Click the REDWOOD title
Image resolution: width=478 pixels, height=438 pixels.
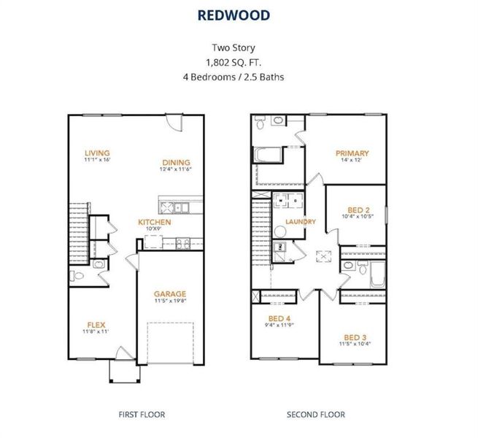(x=234, y=15)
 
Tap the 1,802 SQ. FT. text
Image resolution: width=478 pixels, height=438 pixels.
(x=234, y=63)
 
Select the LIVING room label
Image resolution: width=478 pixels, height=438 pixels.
(x=97, y=153)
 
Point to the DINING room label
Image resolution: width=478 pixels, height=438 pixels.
(x=176, y=163)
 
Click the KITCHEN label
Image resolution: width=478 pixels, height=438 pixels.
(x=155, y=222)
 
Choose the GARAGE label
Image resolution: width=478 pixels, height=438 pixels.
(x=170, y=294)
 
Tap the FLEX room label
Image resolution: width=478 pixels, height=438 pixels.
(x=96, y=325)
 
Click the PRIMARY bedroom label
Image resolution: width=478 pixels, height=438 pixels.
(x=352, y=153)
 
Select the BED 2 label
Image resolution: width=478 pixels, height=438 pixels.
(x=358, y=210)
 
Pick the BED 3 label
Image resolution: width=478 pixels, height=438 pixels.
(x=355, y=338)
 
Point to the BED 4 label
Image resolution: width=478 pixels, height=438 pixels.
(x=280, y=318)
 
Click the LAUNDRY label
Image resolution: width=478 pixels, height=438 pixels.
(x=301, y=222)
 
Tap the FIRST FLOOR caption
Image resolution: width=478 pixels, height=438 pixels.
(x=142, y=415)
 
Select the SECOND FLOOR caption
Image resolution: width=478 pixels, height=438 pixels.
(x=316, y=415)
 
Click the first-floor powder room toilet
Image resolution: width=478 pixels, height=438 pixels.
(x=77, y=276)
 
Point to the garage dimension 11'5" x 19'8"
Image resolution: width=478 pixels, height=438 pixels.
(x=170, y=301)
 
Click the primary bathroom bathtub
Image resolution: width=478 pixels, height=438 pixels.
(x=267, y=155)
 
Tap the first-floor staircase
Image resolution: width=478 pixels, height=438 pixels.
(x=79, y=233)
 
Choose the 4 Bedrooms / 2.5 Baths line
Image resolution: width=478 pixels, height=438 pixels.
(x=234, y=77)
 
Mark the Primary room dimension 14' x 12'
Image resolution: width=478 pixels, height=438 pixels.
(x=352, y=160)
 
